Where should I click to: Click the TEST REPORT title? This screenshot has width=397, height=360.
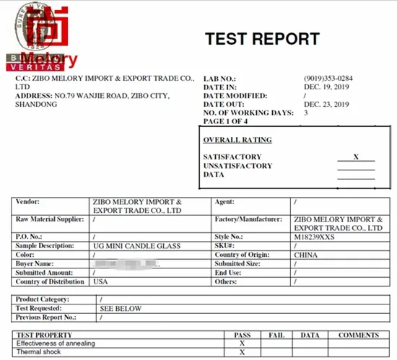[262, 39]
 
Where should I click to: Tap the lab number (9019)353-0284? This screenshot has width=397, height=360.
[328, 78]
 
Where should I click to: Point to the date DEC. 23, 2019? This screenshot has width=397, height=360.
[326, 105]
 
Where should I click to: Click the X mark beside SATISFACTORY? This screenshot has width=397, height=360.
[356, 157]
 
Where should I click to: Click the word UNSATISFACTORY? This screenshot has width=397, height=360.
[237, 166]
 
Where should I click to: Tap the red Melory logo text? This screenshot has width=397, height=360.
[49, 58]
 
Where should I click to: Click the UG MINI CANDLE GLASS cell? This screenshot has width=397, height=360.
[133, 246]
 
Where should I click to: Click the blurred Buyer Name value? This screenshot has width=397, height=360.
[126, 264]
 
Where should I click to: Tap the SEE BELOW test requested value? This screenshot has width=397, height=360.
[120, 309]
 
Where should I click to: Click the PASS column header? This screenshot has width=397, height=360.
[243, 335]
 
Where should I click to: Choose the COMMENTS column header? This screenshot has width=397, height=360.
[359, 335]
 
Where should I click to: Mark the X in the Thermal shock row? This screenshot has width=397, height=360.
[243, 352]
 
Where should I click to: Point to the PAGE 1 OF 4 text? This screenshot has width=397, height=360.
[227, 122]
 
